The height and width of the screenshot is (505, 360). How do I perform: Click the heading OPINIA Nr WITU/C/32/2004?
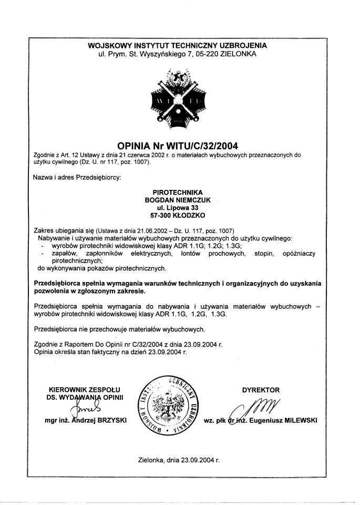coord(178,144)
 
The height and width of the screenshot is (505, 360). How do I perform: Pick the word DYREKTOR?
coord(261,390)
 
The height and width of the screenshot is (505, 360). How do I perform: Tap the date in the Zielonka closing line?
coord(198,459)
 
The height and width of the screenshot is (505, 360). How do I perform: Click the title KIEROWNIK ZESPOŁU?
coord(86,390)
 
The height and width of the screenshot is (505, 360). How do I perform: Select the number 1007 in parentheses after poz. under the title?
coord(139,162)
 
